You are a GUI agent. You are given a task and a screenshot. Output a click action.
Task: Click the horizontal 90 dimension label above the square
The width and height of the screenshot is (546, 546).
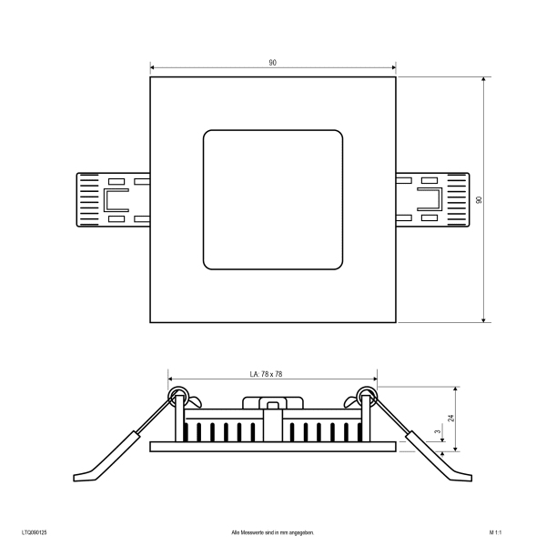pos(272,63)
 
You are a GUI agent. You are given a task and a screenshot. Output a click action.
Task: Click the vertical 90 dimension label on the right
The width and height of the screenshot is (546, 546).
pos(480,200)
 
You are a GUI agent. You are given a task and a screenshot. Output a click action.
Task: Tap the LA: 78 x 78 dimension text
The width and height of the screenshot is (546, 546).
pos(266,374)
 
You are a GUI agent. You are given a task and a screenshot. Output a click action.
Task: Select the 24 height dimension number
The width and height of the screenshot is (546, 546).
pos(451,418)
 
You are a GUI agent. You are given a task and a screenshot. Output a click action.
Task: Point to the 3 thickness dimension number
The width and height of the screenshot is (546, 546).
pos(438,431)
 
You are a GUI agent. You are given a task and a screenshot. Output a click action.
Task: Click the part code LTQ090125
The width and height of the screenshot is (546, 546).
pos(35,532)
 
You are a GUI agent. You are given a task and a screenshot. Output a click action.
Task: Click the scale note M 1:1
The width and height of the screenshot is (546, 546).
pos(495,532)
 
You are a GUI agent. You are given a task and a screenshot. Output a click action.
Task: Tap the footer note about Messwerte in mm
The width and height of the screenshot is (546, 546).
pos(273,532)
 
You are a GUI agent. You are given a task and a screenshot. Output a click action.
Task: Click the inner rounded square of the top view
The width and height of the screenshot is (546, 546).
pos(273,130)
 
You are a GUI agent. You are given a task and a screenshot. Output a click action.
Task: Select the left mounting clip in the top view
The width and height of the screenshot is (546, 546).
pos(113,200)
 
